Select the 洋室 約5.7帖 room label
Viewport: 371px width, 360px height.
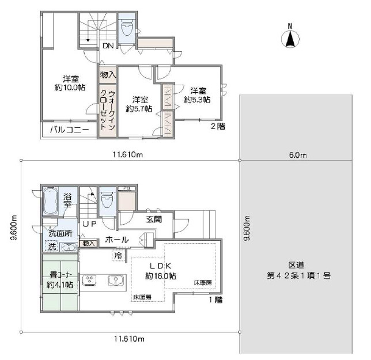pyautogui.click(x=139, y=103)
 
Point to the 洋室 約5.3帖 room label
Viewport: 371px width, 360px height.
pyautogui.click(x=198, y=95)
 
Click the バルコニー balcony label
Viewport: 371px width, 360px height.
pyautogui.click(x=69, y=130)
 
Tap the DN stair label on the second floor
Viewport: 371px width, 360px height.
pyautogui.click(x=108, y=46)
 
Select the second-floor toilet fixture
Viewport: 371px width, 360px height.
pyautogui.click(x=126, y=28)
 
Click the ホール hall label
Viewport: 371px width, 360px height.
pyautogui.click(x=116, y=240)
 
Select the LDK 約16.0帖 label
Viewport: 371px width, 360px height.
pyautogui.click(x=161, y=271)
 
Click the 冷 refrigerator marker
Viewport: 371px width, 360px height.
pyautogui.click(x=118, y=255)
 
